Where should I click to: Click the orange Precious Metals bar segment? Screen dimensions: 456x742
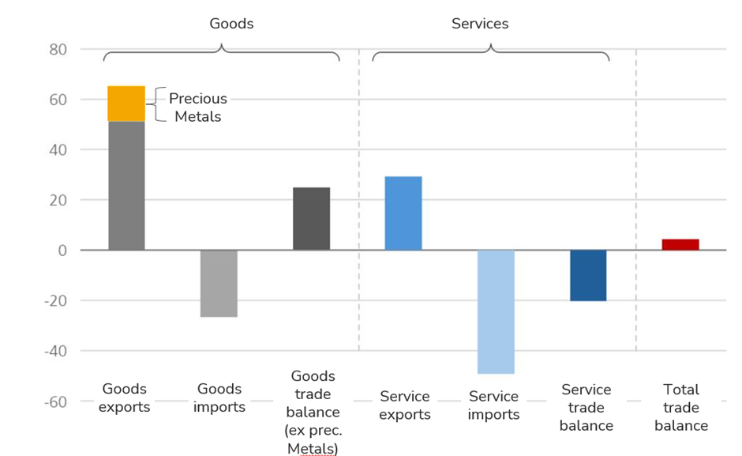point(126,104)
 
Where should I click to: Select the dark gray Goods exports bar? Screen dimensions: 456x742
point(126,186)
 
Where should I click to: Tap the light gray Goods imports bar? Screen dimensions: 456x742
point(219,283)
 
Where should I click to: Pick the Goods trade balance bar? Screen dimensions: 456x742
point(311,219)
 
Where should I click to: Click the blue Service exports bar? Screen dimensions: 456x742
point(403,213)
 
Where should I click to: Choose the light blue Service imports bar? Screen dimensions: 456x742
point(496,311)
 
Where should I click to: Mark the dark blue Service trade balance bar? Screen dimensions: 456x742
point(588,275)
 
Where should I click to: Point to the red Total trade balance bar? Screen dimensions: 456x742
point(680,244)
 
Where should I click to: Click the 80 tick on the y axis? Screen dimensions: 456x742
point(58,50)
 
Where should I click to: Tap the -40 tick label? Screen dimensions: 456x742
point(54,351)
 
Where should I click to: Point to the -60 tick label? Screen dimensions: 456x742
point(54,401)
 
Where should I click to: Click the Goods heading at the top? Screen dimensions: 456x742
point(231,24)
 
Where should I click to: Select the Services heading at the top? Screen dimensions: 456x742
point(480,24)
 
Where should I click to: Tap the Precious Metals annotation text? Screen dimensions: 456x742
point(198,107)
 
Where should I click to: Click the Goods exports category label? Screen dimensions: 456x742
point(126,398)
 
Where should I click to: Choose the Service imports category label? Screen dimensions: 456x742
point(493,405)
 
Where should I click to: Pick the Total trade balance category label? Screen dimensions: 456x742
point(681,407)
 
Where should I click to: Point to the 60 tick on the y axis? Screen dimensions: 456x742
point(58,100)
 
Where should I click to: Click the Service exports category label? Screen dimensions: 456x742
point(405,405)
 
